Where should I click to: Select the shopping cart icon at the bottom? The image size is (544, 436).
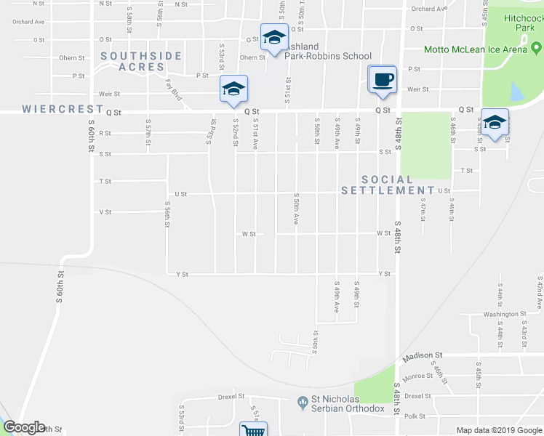coord(253,430)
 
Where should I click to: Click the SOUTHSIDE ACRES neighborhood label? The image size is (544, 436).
coord(133,61)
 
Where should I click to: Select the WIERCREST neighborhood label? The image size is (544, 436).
coord(63,109)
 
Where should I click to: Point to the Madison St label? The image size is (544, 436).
coord(424,355)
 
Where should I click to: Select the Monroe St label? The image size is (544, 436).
coord(419,376)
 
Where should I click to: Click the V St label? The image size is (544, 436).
coord(105,212)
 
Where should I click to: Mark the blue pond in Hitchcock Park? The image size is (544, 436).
coord(516,92)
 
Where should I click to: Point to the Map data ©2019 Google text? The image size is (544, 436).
coord(499,430)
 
